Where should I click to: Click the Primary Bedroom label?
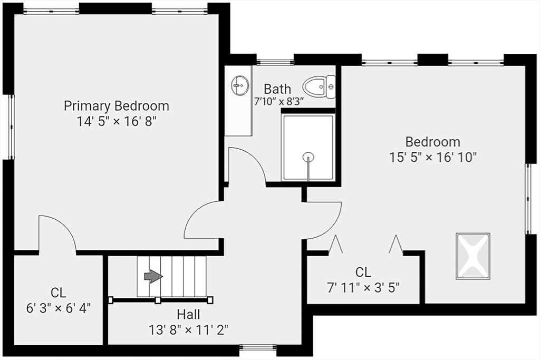[117, 105]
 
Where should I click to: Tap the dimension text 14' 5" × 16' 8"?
[117, 121]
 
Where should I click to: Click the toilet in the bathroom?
[319, 85]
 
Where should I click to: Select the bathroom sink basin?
[240, 85]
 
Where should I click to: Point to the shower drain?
[308, 158]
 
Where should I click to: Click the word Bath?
[277, 89]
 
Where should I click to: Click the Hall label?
[188, 314]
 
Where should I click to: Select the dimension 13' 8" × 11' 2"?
[188, 330]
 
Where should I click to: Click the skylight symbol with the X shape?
[473, 256]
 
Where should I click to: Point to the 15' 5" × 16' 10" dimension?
[433, 157]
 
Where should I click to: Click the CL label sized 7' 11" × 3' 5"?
[363, 272]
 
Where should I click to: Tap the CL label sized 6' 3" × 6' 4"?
[59, 293]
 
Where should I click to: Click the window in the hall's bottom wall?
[258, 347]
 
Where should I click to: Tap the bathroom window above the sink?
[275, 62]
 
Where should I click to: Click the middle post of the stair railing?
[158, 300]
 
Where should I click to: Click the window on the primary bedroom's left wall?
[12, 127]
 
